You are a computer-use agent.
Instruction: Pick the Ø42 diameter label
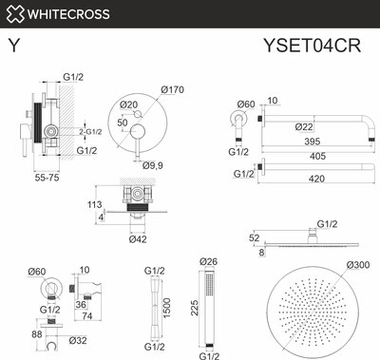(x=140, y=238)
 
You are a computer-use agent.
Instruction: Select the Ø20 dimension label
(x=130, y=104)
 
